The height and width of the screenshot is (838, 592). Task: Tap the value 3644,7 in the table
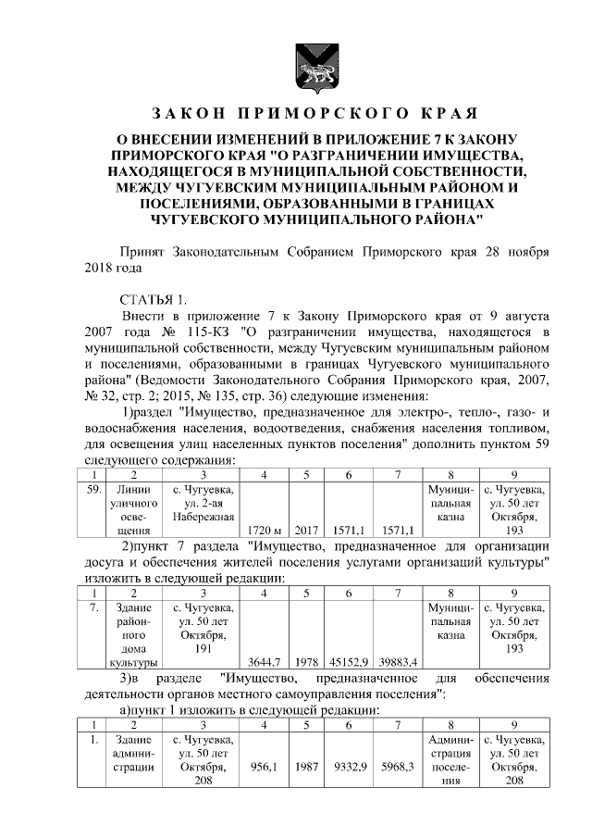pyautogui.click(x=265, y=661)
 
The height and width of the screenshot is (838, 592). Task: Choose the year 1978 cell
pyautogui.click(x=305, y=661)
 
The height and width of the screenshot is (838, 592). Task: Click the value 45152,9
pyautogui.click(x=351, y=661)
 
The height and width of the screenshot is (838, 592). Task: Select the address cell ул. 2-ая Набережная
pyautogui.click(x=203, y=503)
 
